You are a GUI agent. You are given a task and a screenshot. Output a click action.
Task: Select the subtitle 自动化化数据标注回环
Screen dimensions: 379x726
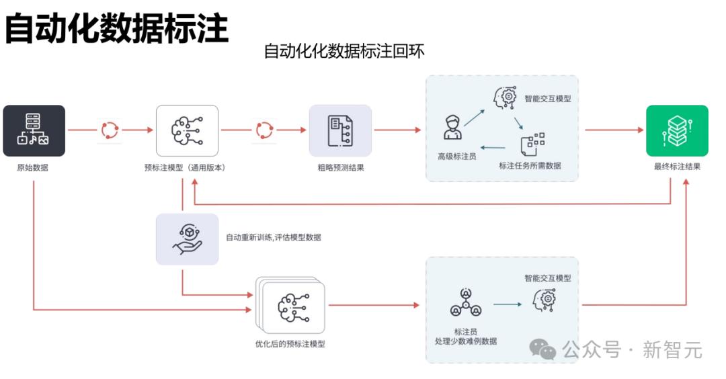click(344, 51)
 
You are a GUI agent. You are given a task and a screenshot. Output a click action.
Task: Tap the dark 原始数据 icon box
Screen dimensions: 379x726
click(34, 130)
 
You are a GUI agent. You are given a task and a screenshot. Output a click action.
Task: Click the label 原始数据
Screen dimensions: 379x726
click(32, 167)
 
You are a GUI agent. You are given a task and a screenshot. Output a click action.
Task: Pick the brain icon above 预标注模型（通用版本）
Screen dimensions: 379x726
click(187, 130)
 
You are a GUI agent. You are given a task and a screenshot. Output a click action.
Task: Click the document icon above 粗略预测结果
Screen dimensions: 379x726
click(340, 130)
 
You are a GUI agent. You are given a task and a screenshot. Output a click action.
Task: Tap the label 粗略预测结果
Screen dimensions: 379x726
click(341, 167)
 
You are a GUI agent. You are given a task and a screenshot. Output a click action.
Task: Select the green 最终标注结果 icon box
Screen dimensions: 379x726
click(677, 130)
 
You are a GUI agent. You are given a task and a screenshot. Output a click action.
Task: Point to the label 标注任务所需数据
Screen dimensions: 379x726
click(530, 165)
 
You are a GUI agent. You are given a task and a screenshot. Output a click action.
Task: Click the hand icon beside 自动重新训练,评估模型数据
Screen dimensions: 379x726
click(187, 239)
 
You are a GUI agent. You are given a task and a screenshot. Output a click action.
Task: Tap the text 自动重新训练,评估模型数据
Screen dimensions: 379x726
click(273, 237)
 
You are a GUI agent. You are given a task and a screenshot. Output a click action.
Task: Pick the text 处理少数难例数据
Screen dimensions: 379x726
click(466, 341)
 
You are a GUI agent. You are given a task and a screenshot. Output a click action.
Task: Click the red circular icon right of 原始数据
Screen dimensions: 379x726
click(110, 130)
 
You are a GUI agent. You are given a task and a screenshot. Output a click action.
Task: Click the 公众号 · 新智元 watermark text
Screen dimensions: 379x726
click(632, 350)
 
